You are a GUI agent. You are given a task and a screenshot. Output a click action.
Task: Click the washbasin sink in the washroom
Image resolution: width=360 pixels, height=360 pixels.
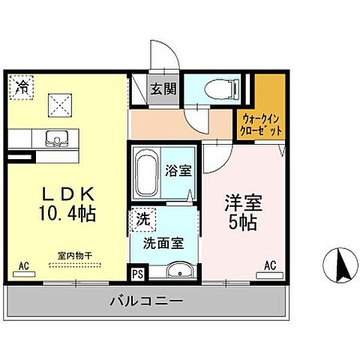pos(177,271)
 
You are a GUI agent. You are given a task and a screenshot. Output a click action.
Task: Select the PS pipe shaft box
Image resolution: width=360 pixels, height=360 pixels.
pos(138,273)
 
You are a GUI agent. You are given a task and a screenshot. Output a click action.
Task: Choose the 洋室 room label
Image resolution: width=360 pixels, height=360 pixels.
pos(242,202)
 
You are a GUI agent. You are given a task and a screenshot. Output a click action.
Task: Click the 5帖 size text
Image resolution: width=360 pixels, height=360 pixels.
pos(242,223)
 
